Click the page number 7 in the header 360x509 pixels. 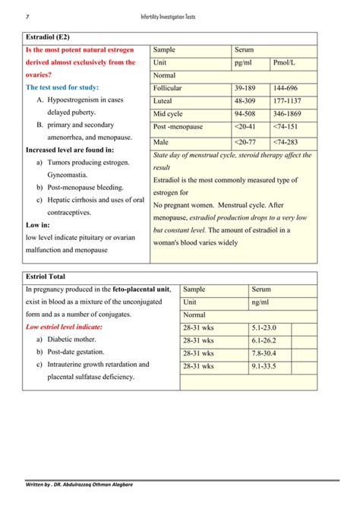coord(27,17)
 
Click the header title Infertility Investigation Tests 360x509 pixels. coord(179,17)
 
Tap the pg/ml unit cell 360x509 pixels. coord(244,62)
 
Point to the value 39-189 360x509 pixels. coord(245,89)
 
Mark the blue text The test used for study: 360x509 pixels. coord(62,87)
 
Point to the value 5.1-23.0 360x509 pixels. coord(266,327)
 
